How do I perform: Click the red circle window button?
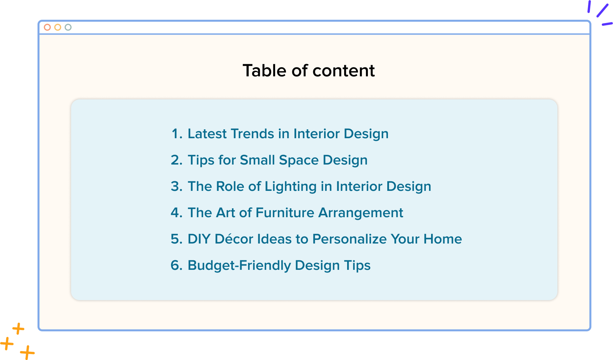point(47,27)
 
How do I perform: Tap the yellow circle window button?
point(58,27)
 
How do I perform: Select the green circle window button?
point(68,27)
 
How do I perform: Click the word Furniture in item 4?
point(285,213)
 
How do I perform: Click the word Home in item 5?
point(443,239)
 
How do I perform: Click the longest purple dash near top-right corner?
point(602,10)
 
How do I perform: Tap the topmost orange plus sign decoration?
point(18,328)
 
